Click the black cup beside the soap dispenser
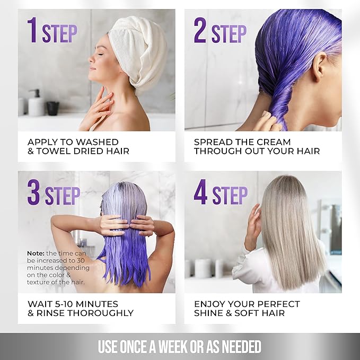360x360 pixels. pos(52,108)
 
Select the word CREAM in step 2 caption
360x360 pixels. pos(271,142)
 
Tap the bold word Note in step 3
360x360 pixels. pos(36,253)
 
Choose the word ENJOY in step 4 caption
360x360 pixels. pos(211,304)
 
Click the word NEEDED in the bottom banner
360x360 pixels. pos(238,347)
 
